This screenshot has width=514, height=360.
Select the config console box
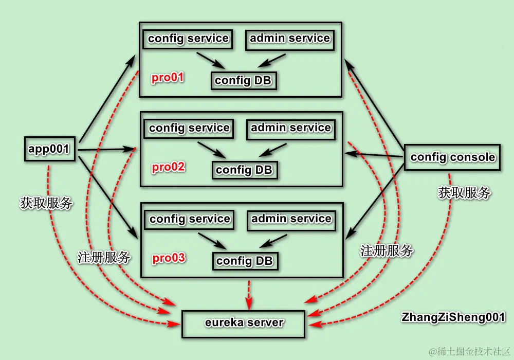pos(452,157)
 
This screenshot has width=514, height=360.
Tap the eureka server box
pos(244,323)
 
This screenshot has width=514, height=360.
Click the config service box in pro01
pos(188,39)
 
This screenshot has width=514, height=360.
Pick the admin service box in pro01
pos(290,39)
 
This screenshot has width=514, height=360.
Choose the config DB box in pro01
pos(243,81)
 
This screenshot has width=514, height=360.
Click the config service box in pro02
pos(189,128)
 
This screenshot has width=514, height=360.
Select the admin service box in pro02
pos(291,128)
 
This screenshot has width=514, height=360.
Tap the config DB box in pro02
pos(244,170)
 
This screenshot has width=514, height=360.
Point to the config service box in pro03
pos(190,219)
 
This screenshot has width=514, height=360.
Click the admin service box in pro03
pos(291,219)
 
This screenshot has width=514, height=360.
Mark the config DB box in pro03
pos(245,261)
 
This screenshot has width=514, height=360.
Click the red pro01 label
pos(168,78)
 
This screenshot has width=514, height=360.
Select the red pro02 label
pos(169,168)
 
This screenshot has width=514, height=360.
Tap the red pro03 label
pos(169,258)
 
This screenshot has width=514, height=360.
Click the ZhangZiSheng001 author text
pos(453,317)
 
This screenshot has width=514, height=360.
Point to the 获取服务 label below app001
pos(46,203)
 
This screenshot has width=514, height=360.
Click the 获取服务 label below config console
pos(464,193)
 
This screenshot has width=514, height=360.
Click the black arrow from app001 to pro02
pos(105,150)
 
